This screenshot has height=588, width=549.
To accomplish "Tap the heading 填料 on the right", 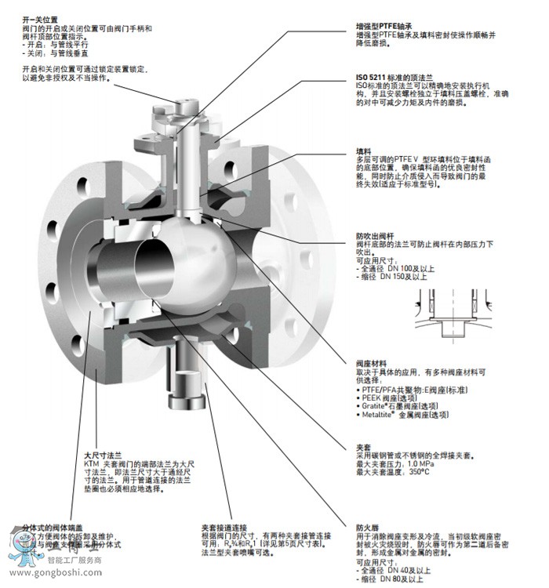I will [x=364, y=151].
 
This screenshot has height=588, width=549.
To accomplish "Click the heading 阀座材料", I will [x=372, y=364].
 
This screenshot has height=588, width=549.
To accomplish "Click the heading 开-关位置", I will [x=40, y=19].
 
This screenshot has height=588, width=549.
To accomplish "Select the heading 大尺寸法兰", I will [x=103, y=455].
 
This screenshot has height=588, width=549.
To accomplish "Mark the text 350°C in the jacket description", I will [x=417, y=472].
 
